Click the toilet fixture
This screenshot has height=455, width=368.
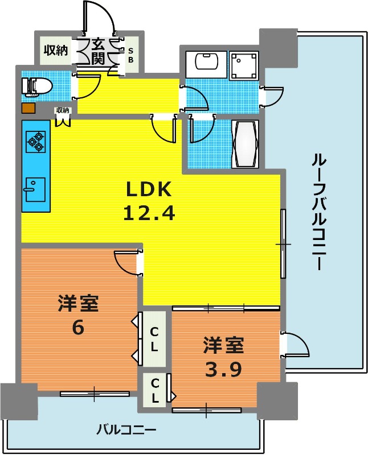coord(37,86)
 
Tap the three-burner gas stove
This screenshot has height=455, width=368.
coord(36,142)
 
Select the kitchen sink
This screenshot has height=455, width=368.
coord(35,189)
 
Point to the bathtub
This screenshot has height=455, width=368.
coord(245,144)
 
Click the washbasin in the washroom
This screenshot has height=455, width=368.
coord(206,64)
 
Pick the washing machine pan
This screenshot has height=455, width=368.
coord(244,65)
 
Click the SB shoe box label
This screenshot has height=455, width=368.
coord(131,55)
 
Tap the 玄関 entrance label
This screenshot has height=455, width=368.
coord(98,52)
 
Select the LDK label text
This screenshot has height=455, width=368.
coord(148,189)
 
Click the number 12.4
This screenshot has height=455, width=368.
coord(149,213)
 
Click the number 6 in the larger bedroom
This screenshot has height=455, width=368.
coord(78,328)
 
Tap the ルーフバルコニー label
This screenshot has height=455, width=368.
coord(319,212)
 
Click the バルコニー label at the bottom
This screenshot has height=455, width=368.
coord(126,429)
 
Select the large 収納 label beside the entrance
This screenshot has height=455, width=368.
coord(56,51)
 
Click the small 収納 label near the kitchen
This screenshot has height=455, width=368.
coord(63,110)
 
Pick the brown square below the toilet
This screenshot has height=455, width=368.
coord(28,108)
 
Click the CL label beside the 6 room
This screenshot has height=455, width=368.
coord(154,339)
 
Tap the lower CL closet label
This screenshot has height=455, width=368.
coord(155,391)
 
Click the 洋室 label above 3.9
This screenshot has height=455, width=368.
coord(223,345)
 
